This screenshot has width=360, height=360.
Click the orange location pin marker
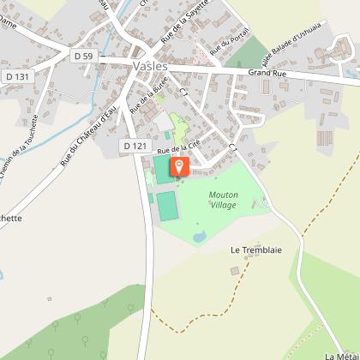178,165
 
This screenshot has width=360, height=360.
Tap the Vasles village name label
151,64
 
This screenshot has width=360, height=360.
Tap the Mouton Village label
223,200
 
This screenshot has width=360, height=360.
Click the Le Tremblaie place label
249,250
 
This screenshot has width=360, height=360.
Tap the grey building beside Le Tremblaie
235,271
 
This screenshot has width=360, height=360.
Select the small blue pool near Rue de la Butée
168,134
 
